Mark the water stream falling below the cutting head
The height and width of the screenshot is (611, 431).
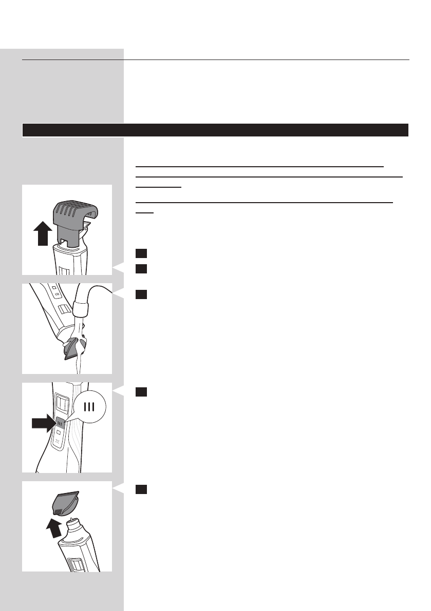(x=78, y=365)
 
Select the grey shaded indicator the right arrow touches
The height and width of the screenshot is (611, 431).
(x=60, y=424)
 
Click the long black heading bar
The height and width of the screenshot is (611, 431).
(x=215, y=130)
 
